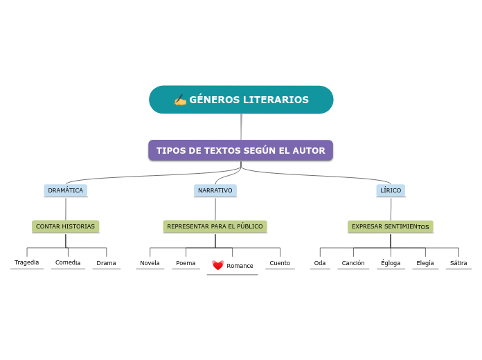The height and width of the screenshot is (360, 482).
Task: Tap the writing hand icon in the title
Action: [180, 100]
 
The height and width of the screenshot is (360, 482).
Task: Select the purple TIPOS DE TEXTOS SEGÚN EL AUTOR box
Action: [240, 150]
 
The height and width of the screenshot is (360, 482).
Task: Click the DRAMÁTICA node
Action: [66, 190]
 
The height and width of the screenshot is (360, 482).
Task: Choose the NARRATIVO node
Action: [215, 190]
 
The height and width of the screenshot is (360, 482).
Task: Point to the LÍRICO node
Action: [391, 190]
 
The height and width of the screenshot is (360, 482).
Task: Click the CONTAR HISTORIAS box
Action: [65, 226]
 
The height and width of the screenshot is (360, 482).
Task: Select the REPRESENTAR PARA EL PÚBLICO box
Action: [215, 226]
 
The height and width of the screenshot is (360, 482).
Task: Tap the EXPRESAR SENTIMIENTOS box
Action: [390, 226]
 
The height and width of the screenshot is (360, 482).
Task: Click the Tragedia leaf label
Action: [27, 262]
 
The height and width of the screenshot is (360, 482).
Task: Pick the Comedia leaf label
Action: [68, 262]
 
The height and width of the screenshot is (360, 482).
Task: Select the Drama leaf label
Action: [106, 263]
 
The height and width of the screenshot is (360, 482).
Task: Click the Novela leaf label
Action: [150, 263]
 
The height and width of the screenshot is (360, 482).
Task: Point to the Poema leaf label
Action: [186, 263]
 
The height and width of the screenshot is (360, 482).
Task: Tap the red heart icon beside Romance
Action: [217, 265]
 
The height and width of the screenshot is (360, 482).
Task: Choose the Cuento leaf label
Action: [280, 263]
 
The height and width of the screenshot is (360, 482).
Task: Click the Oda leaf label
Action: [320, 263]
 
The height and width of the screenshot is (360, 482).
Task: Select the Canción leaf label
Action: [353, 263]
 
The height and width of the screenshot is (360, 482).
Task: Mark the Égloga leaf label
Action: [391, 263]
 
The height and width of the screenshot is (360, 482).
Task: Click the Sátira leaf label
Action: [458, 263]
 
